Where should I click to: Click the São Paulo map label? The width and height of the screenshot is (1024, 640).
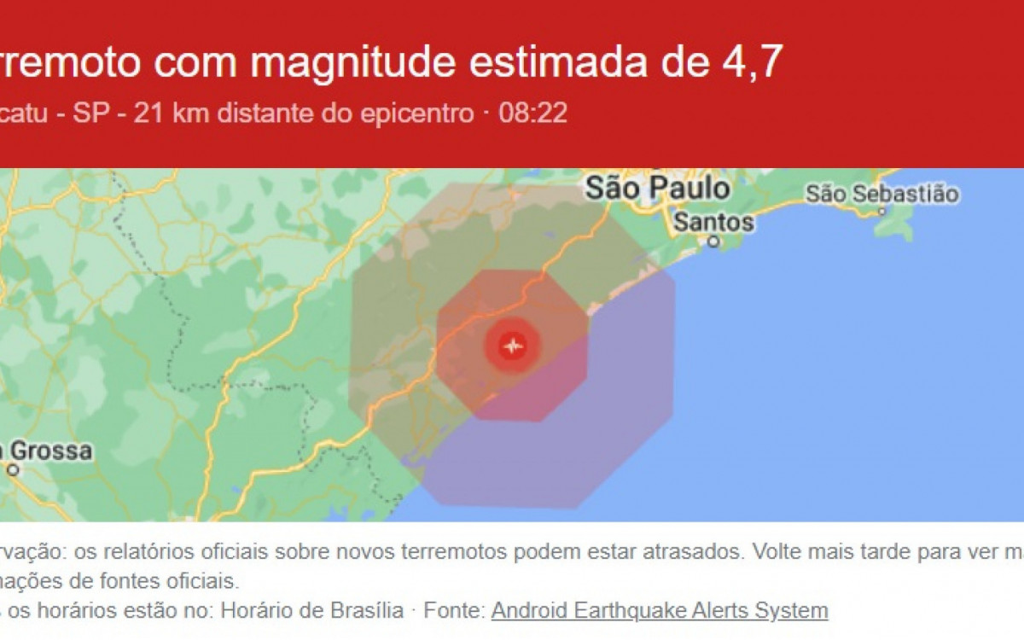tap(657, 189)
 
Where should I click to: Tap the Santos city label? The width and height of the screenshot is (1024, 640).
tap(714, 223)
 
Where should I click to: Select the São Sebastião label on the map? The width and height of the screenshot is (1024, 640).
tap(881, 194)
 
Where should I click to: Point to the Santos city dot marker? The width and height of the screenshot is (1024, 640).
tap(713, 242)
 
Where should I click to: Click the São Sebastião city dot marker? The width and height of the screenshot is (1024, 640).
tap(882, 210)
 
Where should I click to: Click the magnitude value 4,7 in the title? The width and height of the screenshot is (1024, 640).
tap(753, 64)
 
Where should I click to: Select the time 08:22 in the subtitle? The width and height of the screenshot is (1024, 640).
tap(532, 113)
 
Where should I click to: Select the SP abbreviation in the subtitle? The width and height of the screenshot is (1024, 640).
tap(90, 113)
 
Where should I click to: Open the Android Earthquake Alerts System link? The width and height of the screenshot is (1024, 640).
tap(660, 611)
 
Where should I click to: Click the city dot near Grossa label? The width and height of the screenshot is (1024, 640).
tap(12, 468)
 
